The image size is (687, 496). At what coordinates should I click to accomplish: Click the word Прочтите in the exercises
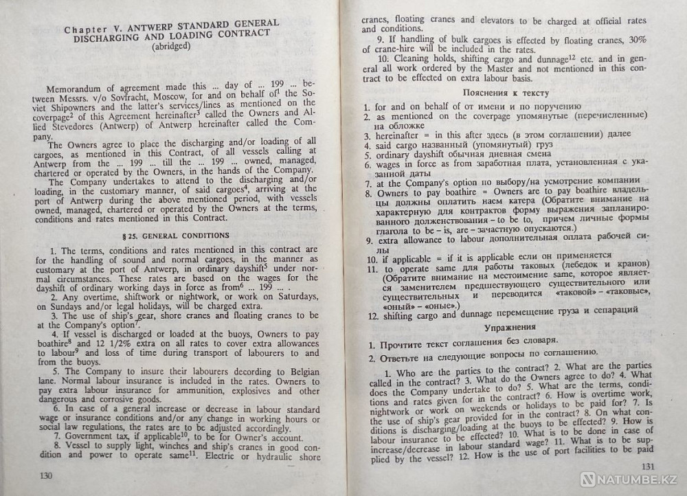coord(407,341)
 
